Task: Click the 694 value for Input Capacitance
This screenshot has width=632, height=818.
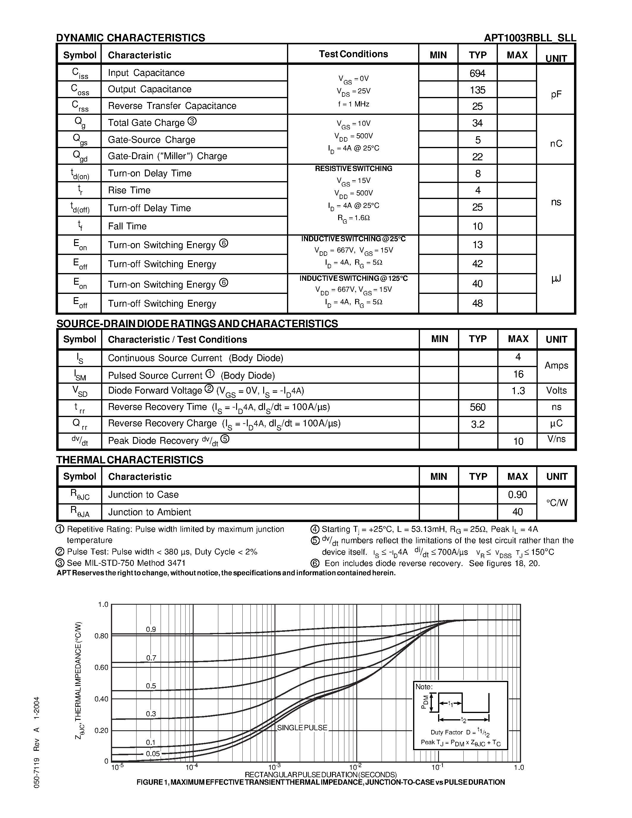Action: click(477, 73)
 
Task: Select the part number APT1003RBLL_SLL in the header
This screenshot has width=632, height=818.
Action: click(530, 38)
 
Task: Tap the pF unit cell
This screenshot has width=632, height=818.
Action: click(556, 94)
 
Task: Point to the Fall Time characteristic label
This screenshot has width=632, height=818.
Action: click(127, 226)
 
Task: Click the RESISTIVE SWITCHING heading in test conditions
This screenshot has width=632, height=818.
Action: click(353, 169)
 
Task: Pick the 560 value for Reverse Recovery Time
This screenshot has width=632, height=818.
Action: click(478, 407)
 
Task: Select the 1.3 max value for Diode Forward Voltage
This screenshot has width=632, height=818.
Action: click(518, 391)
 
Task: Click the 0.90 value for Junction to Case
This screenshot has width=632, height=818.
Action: click(517, 495)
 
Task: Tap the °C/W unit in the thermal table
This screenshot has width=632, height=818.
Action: click(557, 503)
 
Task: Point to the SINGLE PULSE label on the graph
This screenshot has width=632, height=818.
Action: click(302, 728)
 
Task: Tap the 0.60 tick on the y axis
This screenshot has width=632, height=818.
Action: click(101, 667)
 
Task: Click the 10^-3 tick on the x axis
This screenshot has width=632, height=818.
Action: click(275, 767)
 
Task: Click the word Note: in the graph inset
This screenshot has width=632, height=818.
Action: click(424, 687)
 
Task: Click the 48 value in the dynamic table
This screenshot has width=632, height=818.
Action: click(477, 303)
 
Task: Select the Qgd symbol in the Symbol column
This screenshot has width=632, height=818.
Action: click(80, 156)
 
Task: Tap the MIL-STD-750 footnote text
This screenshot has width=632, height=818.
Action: click(126, 563)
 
